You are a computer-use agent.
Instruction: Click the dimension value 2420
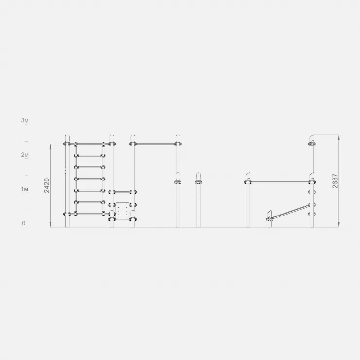[47, 185]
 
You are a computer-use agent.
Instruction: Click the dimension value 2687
[335, 181]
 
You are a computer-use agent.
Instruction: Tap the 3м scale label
[25, 120]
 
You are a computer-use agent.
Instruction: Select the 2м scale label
[25, 155]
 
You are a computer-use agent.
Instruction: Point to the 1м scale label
[25, 189]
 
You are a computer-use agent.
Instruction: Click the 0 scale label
[24, 223]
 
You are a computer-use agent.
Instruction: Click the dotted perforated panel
[123, 211]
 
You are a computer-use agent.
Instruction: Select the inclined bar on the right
[290, 212]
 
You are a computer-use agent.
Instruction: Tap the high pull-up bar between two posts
[155, 144]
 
